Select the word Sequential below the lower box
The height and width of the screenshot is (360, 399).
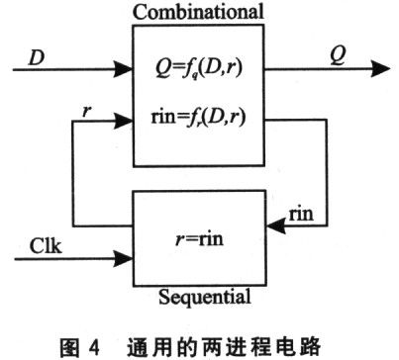point(201,294)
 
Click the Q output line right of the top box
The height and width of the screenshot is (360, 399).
point(317,69)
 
